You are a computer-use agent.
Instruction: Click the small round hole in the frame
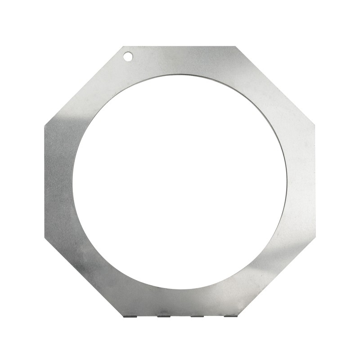pyautogui.click(x=128, y=56)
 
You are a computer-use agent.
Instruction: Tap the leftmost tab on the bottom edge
pyautogui.click(x=130, y=315)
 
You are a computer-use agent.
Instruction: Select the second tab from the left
pyautogui.click(x=164, y=315)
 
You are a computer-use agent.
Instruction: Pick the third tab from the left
pyautogui.click(x=197, y=315)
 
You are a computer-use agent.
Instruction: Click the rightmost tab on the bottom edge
pyautogui.click(x=230, y=315)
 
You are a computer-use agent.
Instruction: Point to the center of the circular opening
pyautogui.click(x=180, y=181)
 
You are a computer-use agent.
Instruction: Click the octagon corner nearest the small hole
pyautogui.click(x=123, y=46)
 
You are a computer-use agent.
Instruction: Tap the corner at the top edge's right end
pyautogui.click(x=236, y=46)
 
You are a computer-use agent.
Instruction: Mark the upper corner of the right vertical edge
pyautogui.click(x=315, y=125)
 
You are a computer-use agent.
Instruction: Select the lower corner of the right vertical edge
pyautogui.click(x=315, y=237)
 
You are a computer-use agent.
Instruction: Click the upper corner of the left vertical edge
pyautogui.click(x=45, y=125)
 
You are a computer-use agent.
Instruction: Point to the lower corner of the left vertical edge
pyautogui.click(x=45, y=237)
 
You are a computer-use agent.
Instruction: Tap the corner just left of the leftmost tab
pyautogui.click(x=123, y=315)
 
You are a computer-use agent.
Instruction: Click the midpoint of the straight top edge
pyautogui.click(x=180, y=46)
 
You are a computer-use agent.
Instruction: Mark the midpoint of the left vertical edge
pyautogui.click(x=45, y=181)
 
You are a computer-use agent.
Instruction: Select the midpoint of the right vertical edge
pyautogui.click(x=315, y=181)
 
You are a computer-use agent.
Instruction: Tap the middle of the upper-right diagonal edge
pyautogui.click(x=275, y=85)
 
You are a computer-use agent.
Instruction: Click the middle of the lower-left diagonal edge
pyautogui.click(x=84, y=276)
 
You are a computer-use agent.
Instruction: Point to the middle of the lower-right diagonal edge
pyautogui.click(x=276, y=276)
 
